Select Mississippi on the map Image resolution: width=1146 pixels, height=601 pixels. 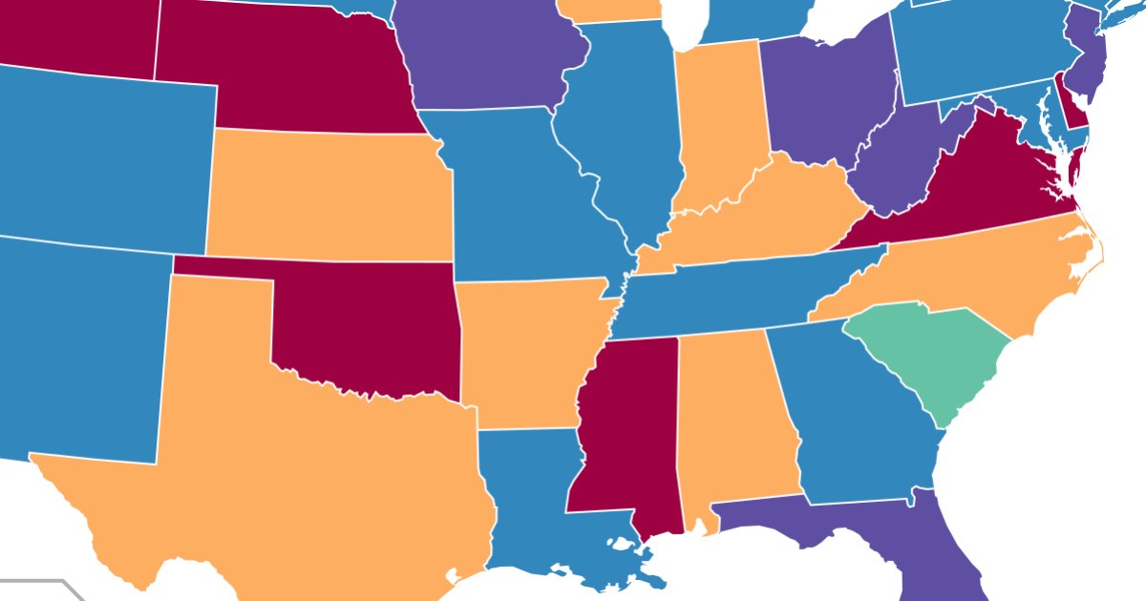pos(626,420)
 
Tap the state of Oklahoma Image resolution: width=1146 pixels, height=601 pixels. pos(372,324)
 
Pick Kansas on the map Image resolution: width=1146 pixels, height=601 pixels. pos(329,196)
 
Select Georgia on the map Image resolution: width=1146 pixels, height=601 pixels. pos(859,410)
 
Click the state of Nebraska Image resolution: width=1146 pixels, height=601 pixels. pos(286,72)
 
